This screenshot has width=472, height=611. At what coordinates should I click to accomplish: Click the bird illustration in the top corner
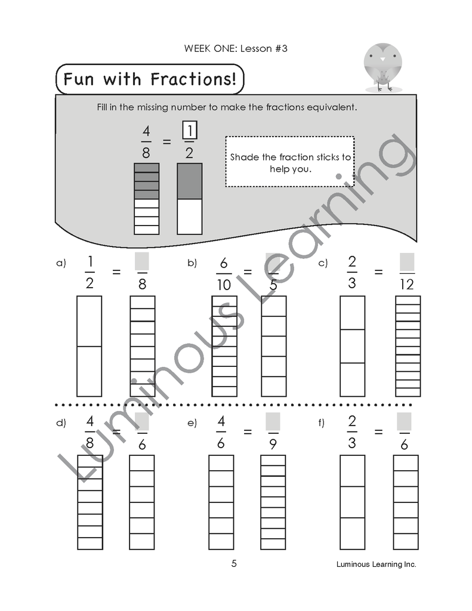point(382,66)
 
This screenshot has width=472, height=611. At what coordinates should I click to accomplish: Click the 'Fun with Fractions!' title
point(150,79)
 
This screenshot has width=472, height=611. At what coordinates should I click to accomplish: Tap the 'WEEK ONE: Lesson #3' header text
point(236,49)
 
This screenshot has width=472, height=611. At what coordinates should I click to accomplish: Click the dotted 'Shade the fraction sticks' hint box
point(290,162)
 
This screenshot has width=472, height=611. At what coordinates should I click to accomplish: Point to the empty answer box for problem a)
point(142,261)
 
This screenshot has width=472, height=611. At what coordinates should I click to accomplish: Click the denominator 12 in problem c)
point(407,285)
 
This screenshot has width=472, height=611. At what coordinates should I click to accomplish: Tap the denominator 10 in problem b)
point(224,285)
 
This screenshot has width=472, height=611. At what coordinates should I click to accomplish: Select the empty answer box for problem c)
point(407,261)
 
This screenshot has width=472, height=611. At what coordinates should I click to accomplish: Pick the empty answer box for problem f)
point(405,422)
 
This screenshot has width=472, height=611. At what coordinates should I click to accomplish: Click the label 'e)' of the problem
point(192,423)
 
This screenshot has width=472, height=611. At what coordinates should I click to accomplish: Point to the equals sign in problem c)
point(378,272)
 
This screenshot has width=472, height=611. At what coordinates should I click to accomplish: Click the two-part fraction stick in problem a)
point(90,346)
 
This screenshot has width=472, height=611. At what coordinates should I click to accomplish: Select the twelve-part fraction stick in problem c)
point(408,346)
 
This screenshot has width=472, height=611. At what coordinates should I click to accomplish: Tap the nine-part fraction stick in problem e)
point(273,502)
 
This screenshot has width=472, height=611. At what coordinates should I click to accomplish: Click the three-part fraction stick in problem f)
point(352,502)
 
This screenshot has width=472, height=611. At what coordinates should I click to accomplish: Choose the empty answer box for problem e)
point(273,422)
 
